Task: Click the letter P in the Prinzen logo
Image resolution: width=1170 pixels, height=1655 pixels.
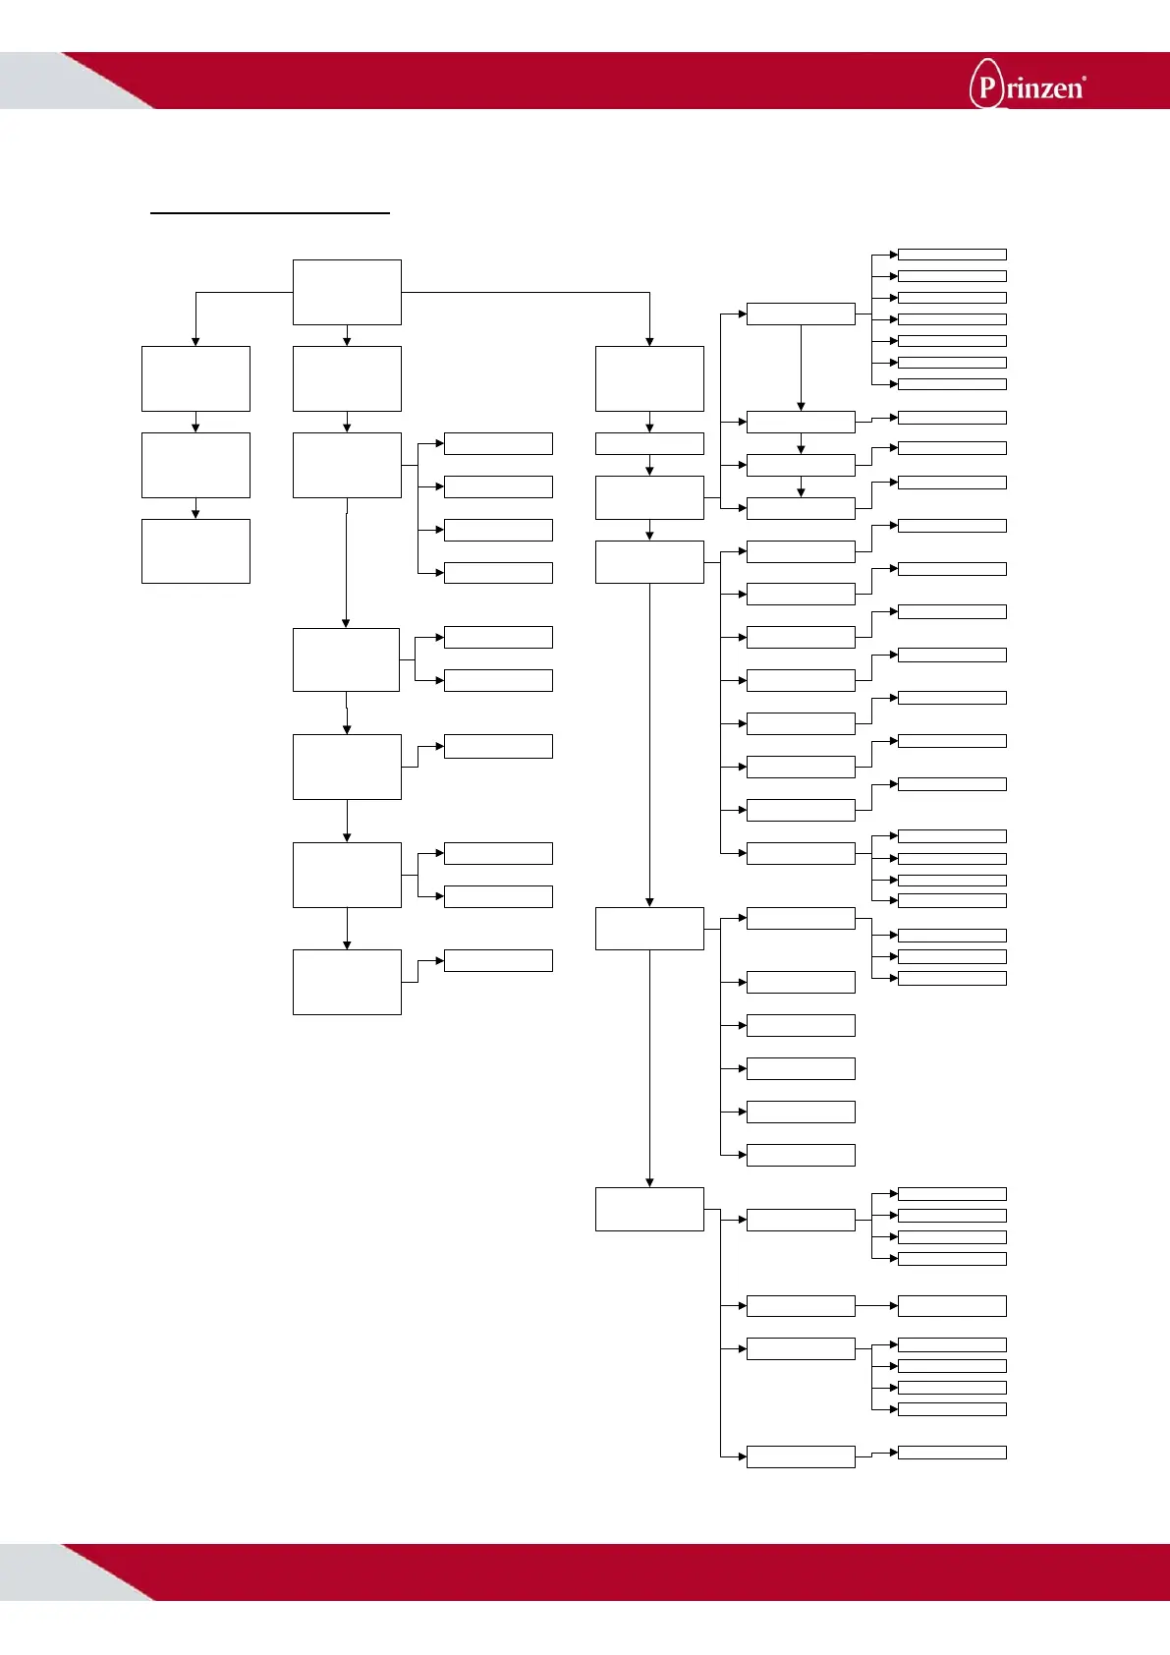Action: [986, 87]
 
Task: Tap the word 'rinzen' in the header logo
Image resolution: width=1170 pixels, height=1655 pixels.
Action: [1043, 89]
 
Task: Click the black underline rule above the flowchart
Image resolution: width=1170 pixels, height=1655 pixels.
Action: [270, 211]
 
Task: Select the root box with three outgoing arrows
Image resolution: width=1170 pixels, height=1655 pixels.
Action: [347, 292]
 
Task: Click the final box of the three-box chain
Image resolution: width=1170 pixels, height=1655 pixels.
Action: [195, 551]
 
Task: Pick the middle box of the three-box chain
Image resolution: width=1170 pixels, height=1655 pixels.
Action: [195, 465]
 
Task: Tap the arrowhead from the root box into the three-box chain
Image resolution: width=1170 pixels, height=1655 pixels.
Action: [195, 341]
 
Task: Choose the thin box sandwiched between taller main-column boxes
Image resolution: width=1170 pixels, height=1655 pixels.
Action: [649, 443]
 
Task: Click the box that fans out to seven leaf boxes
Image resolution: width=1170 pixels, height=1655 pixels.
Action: [801, 314]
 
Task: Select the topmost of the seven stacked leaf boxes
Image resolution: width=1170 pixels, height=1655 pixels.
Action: [952, 255]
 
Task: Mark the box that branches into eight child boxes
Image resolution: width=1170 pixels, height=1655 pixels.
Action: [649, 562]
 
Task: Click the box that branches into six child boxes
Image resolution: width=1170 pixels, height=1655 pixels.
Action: [649, 929]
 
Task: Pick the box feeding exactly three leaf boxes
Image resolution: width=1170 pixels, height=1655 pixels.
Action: [801, 918]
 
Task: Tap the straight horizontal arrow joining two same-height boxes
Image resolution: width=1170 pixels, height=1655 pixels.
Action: [876, 1306]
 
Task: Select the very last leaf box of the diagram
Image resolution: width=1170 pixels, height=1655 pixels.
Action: [952, 1453]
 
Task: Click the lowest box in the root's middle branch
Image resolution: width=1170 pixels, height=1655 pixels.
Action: [347, 982]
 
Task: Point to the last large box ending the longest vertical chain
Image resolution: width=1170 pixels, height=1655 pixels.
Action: [649, 1209]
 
